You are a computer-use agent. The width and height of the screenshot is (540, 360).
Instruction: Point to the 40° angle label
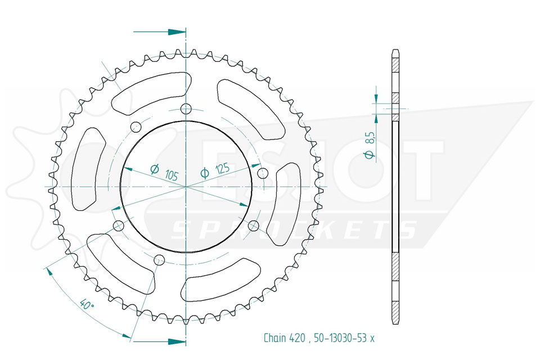pyautogui.click(x=87, y=304)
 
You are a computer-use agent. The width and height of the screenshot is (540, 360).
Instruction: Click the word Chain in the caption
pyautogui.click(x=275, y=338)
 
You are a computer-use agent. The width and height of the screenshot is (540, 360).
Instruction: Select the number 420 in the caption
pyautogui.click(x=297, y=338)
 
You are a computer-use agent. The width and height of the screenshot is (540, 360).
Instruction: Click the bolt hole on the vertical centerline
pyautogui.click(x=186, y=109)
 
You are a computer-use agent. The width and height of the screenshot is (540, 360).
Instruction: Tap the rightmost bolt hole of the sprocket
pyautogui.click(x=263, y=173)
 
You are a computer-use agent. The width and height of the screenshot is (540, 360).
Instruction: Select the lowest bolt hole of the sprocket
pyautogui.click(x=159, y=259)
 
